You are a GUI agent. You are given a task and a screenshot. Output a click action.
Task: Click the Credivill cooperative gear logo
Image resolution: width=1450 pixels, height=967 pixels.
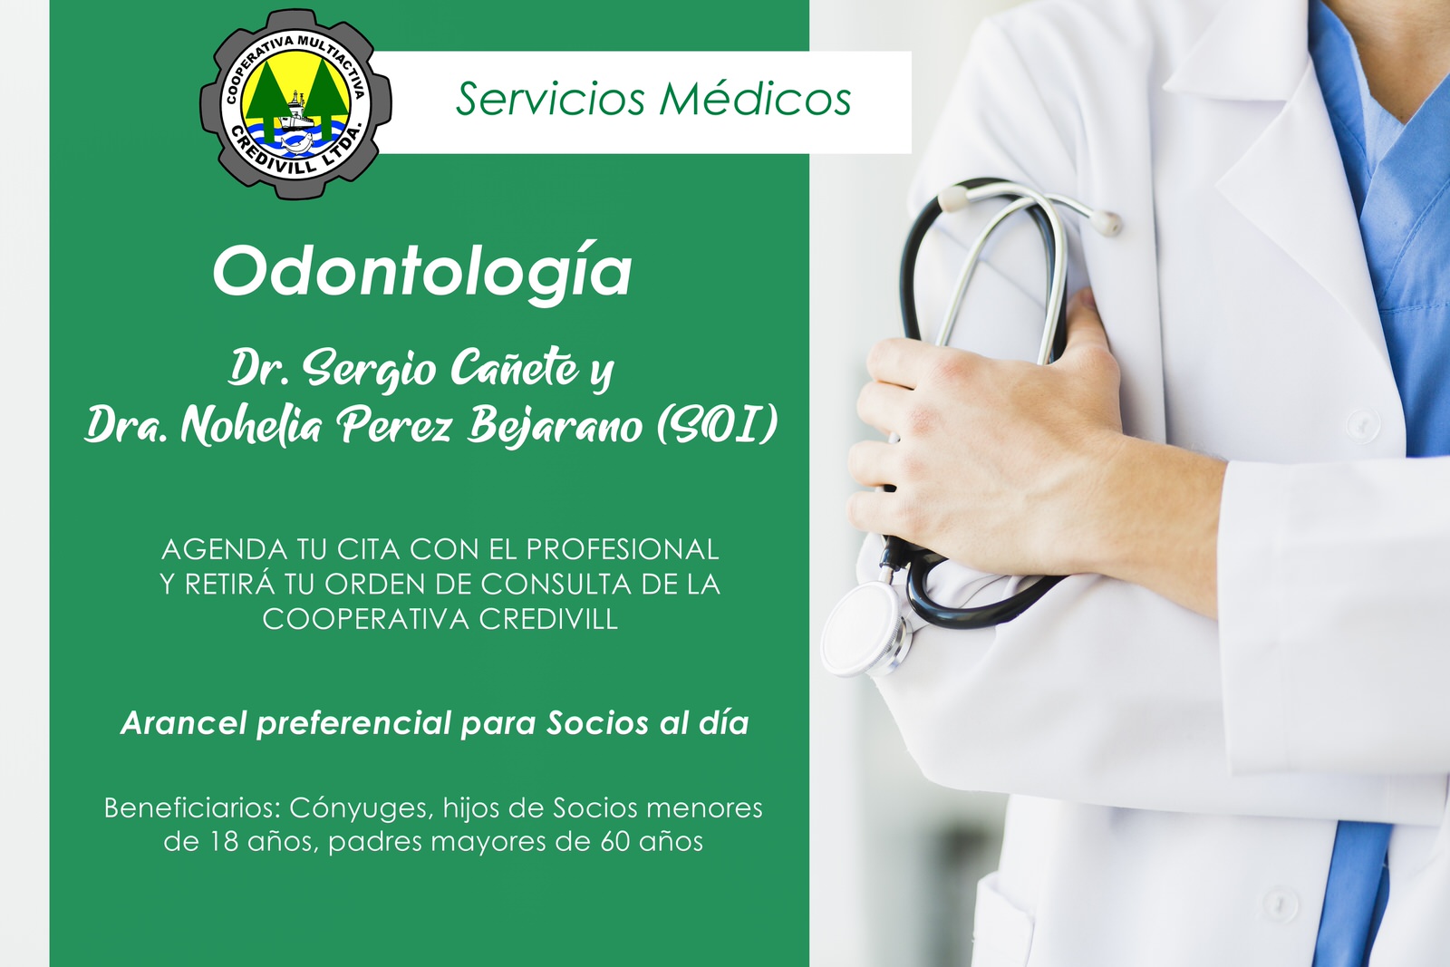click(295, 104)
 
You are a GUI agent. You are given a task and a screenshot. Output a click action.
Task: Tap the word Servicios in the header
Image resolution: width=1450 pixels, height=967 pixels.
click(550, 99)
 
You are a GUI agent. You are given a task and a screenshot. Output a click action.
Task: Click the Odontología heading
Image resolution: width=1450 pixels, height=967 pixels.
click(422, 271)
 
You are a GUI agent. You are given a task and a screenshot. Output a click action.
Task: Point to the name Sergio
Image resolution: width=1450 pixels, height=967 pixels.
click(368, 369)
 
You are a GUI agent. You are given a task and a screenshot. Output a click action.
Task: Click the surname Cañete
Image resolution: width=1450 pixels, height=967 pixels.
click(515, 368)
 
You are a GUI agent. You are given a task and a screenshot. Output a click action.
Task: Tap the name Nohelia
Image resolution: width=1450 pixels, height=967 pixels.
click(250, 426)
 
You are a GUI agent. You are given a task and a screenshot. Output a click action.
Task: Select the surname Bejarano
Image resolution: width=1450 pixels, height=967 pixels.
click(555, 426)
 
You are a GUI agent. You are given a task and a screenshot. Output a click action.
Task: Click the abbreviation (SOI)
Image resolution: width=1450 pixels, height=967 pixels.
click(717, 425)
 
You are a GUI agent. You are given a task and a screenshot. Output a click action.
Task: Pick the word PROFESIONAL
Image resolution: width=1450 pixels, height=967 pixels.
click(622, 549)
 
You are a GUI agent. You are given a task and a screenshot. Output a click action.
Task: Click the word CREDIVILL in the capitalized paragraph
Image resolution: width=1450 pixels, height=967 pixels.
click(548, 619)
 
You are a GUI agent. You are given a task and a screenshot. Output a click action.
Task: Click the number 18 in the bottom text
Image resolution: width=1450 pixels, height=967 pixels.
click(223, 842)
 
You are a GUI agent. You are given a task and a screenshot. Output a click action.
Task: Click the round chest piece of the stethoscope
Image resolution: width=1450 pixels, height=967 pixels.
click(862, 628)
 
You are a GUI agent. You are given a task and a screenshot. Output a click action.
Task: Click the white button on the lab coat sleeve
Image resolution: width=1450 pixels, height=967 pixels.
click(1363, 425)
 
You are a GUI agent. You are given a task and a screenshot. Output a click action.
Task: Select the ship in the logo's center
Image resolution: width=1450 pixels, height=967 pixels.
click(295, 111)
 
